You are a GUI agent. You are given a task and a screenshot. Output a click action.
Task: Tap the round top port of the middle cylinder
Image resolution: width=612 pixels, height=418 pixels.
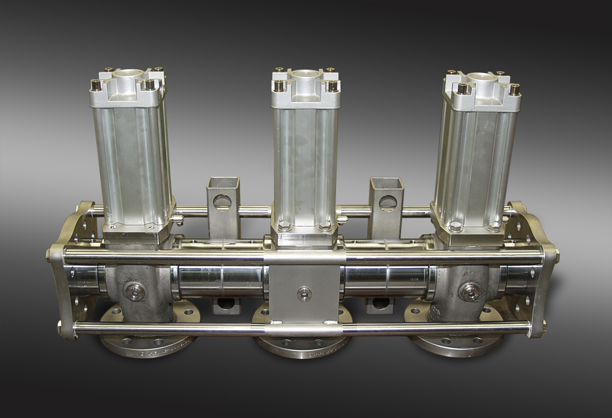(305, 75)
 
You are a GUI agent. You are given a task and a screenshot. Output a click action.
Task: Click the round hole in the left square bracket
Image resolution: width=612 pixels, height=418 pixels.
(223, 201)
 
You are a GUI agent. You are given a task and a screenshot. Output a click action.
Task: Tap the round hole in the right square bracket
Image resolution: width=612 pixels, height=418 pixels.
(388, 203)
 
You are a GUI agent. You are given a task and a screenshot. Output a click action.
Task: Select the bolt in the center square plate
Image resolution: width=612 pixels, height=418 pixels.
(305, 293)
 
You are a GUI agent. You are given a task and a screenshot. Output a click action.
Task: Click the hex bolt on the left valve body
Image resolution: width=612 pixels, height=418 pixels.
(135, 291)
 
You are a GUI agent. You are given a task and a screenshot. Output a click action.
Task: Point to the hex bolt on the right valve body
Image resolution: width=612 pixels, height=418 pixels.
(470, 291)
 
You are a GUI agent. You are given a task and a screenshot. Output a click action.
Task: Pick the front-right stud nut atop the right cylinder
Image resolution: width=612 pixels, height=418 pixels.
(514, 90)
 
